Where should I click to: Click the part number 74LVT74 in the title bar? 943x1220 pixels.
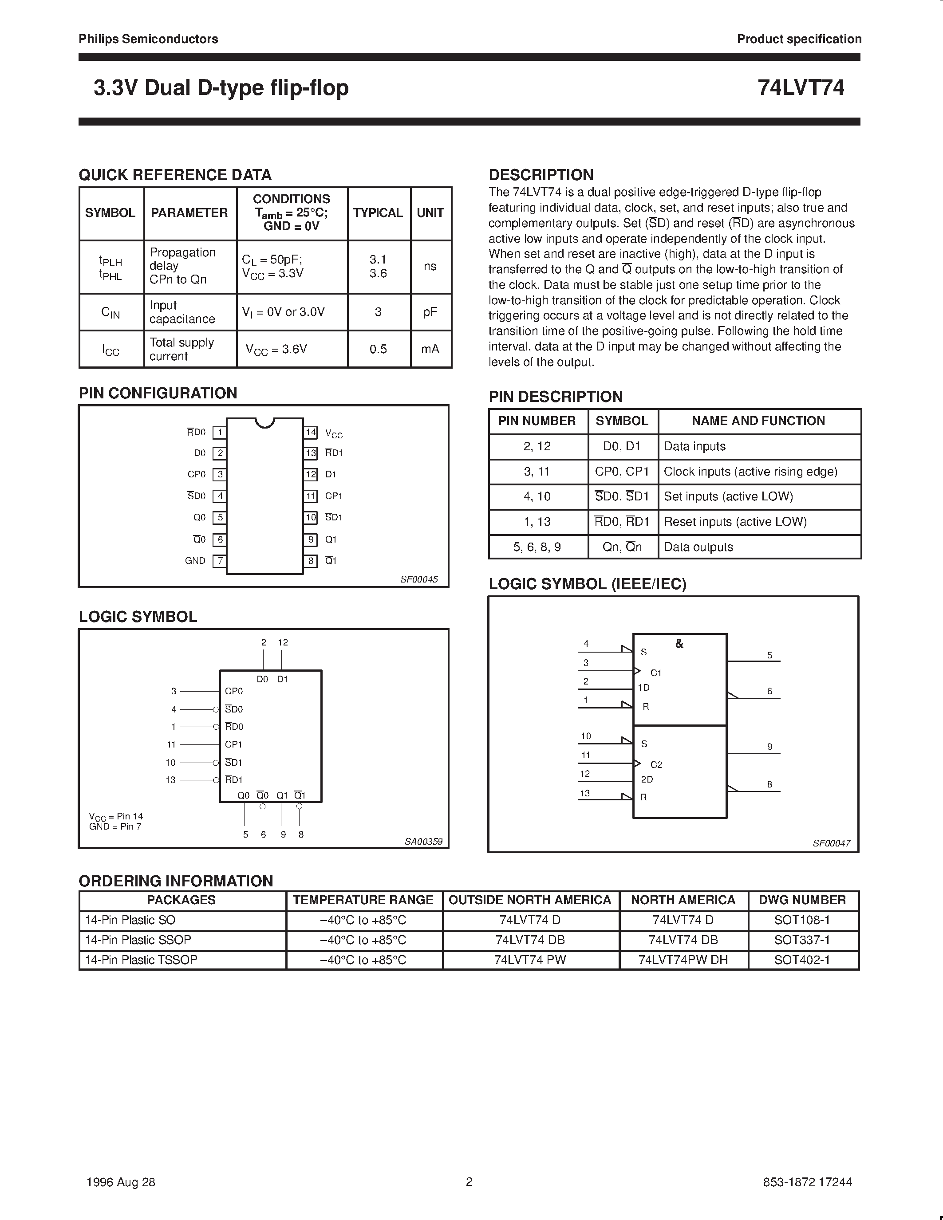[801, 88]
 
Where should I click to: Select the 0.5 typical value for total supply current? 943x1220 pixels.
[378, 349]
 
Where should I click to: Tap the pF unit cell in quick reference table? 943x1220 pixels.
[430, 312]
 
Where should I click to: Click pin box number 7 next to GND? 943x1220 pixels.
[220, 561]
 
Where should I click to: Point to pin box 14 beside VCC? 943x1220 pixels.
[311, 433]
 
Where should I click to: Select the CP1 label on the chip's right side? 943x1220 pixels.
[334, 496]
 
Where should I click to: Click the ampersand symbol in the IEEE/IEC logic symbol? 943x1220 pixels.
[679, 644]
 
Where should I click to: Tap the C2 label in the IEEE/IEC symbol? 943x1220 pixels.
[656, 765]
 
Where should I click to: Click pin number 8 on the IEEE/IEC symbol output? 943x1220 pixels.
[770, 784]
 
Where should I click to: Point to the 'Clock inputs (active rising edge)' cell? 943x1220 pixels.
[750, 472]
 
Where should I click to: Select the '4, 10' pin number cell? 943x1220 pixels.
[537, 496]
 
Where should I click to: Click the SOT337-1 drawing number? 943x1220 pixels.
[802, 940]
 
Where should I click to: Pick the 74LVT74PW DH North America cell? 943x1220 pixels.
[683, 960]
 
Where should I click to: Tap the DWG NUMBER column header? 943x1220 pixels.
[802, 900]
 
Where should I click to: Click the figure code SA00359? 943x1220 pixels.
[423, 841]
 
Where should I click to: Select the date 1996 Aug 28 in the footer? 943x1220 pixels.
[121, 1182]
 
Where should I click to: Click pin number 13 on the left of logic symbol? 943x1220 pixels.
[170, 780]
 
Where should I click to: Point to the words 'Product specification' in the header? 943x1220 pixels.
[799, 39]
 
